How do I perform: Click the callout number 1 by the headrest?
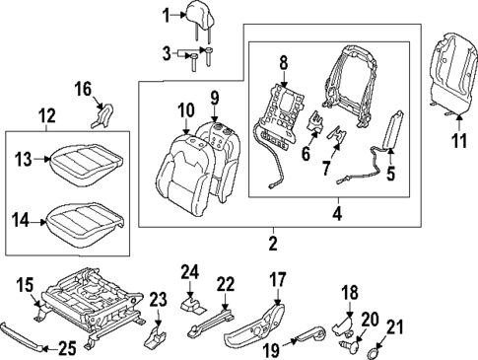tap(167, 14)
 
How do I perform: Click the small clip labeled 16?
tap(101, 118)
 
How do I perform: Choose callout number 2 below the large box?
tap(272, 242)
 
